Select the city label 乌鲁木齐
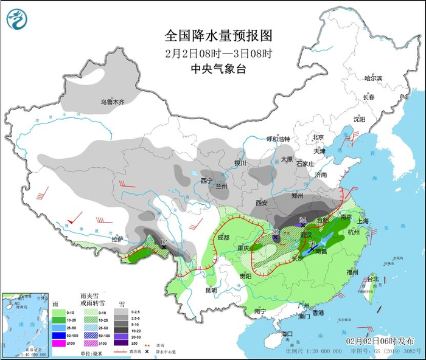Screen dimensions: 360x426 coord(112,103)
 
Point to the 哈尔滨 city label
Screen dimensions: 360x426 coord(372,78)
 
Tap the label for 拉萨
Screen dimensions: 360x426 coord(117,239)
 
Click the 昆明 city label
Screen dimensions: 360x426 coord(210,290)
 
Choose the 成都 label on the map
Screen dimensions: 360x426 coord(224,238)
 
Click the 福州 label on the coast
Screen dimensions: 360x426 coord(352,272)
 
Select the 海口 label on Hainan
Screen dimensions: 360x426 coord(287,333)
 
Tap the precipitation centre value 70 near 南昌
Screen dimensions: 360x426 coord(312,244)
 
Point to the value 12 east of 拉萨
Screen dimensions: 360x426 coord(163,242)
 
